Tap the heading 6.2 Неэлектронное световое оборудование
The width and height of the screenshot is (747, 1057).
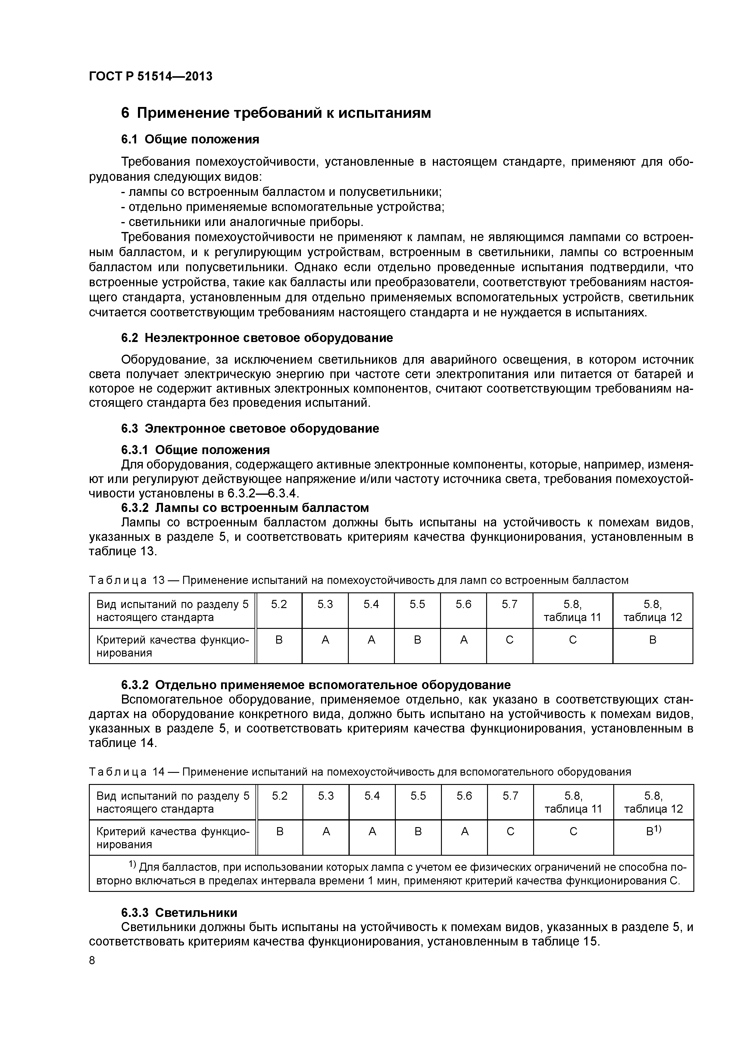tap(257, 338)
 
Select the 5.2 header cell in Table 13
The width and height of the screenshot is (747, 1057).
tap(279, 604)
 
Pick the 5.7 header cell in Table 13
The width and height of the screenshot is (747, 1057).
tap(510, 604)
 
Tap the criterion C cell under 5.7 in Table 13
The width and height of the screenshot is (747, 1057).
tap(510, 640)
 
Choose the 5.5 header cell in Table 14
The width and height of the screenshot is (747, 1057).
tap(418, 796)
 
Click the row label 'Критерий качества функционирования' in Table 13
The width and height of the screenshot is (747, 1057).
tap(172, 646)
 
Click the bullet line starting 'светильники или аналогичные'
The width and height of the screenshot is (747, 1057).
tap(242, 222)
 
